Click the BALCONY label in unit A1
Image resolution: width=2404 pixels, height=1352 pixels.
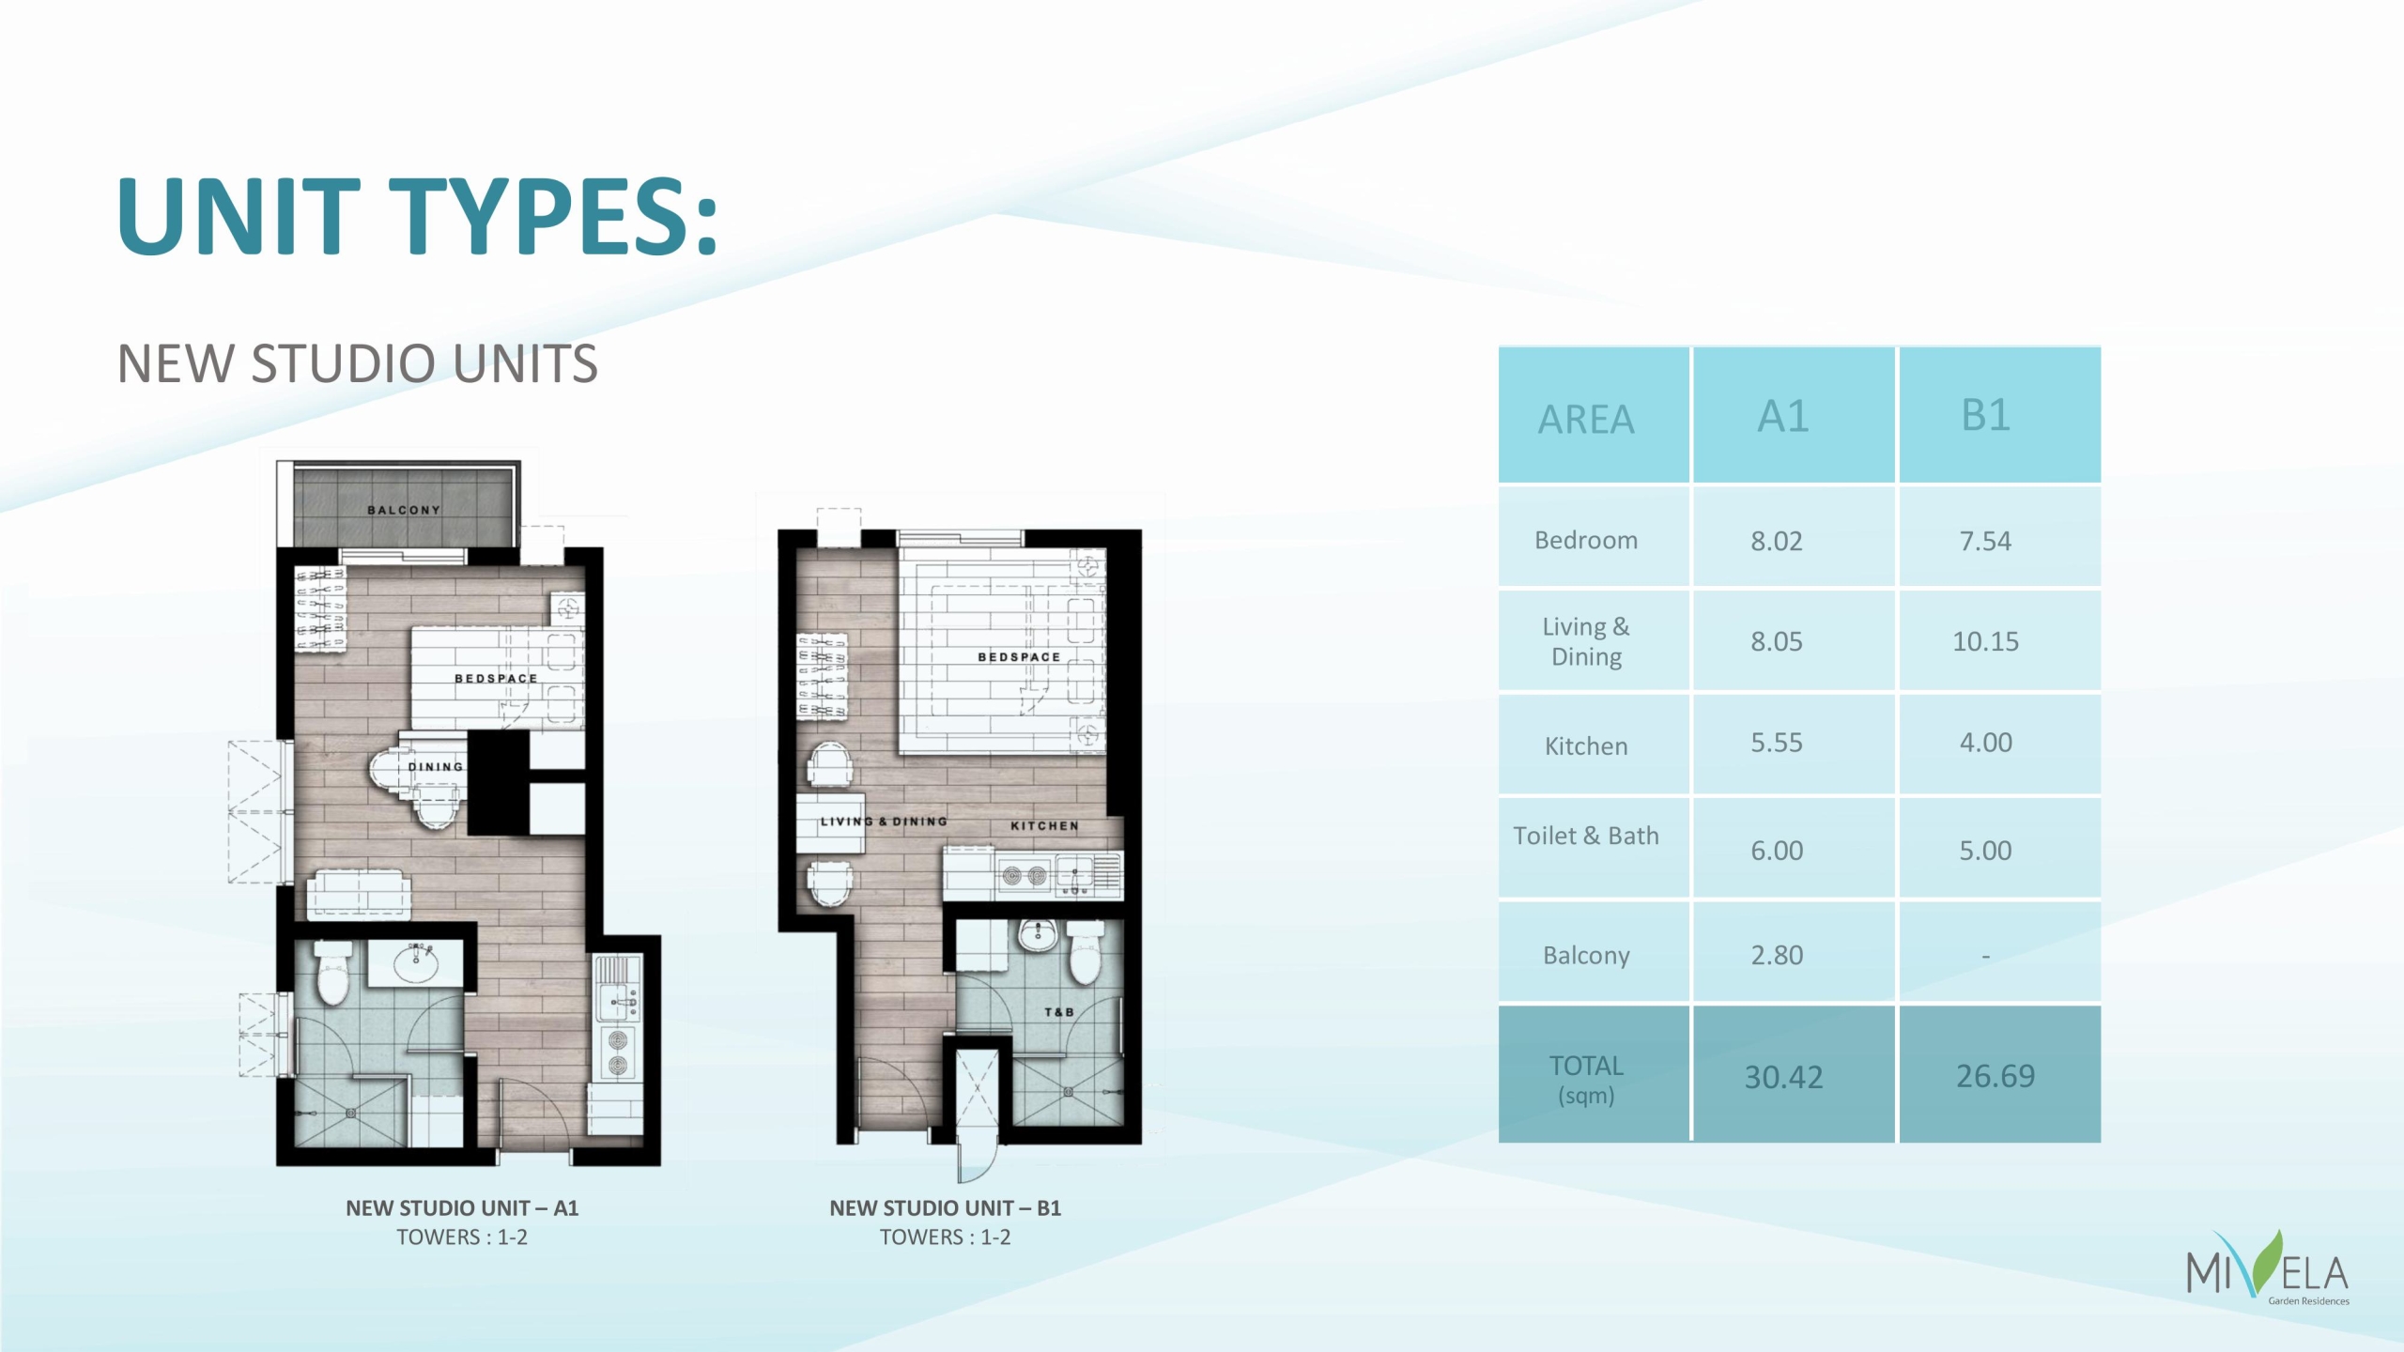click(x=404, y=510)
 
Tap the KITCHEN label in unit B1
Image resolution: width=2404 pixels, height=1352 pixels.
click(x=1044, y=826)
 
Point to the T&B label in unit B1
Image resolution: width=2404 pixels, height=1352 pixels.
click(x=1059, y=1012)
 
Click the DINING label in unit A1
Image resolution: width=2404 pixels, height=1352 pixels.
click(x=436, y=767)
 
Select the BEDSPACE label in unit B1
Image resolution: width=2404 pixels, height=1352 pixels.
click(x=1019, y=657)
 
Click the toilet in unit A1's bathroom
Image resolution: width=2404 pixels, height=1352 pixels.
click(x=332, y=974)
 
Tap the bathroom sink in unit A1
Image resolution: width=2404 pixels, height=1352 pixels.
click(x=416, y=963)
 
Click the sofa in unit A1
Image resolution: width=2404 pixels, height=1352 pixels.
click(x=359, y=894)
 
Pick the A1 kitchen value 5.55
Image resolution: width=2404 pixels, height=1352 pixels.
click(x=1777, y=743)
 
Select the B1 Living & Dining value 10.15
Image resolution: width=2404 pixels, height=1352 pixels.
click(x=1985, y=641)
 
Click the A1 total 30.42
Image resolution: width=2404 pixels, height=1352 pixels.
click(x=1783, y=1077)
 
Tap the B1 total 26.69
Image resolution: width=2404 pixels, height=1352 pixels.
click(x=1996, y=1076)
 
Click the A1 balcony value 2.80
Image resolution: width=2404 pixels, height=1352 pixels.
click(x=1777, y=956)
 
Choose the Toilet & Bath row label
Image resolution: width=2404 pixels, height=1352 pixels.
click(x=1586, y=836)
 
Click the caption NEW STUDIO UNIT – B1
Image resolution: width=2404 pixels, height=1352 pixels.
click(x=945, y=1208)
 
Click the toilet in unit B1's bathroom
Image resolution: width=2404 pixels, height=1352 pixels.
click(x=1086, y=953)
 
